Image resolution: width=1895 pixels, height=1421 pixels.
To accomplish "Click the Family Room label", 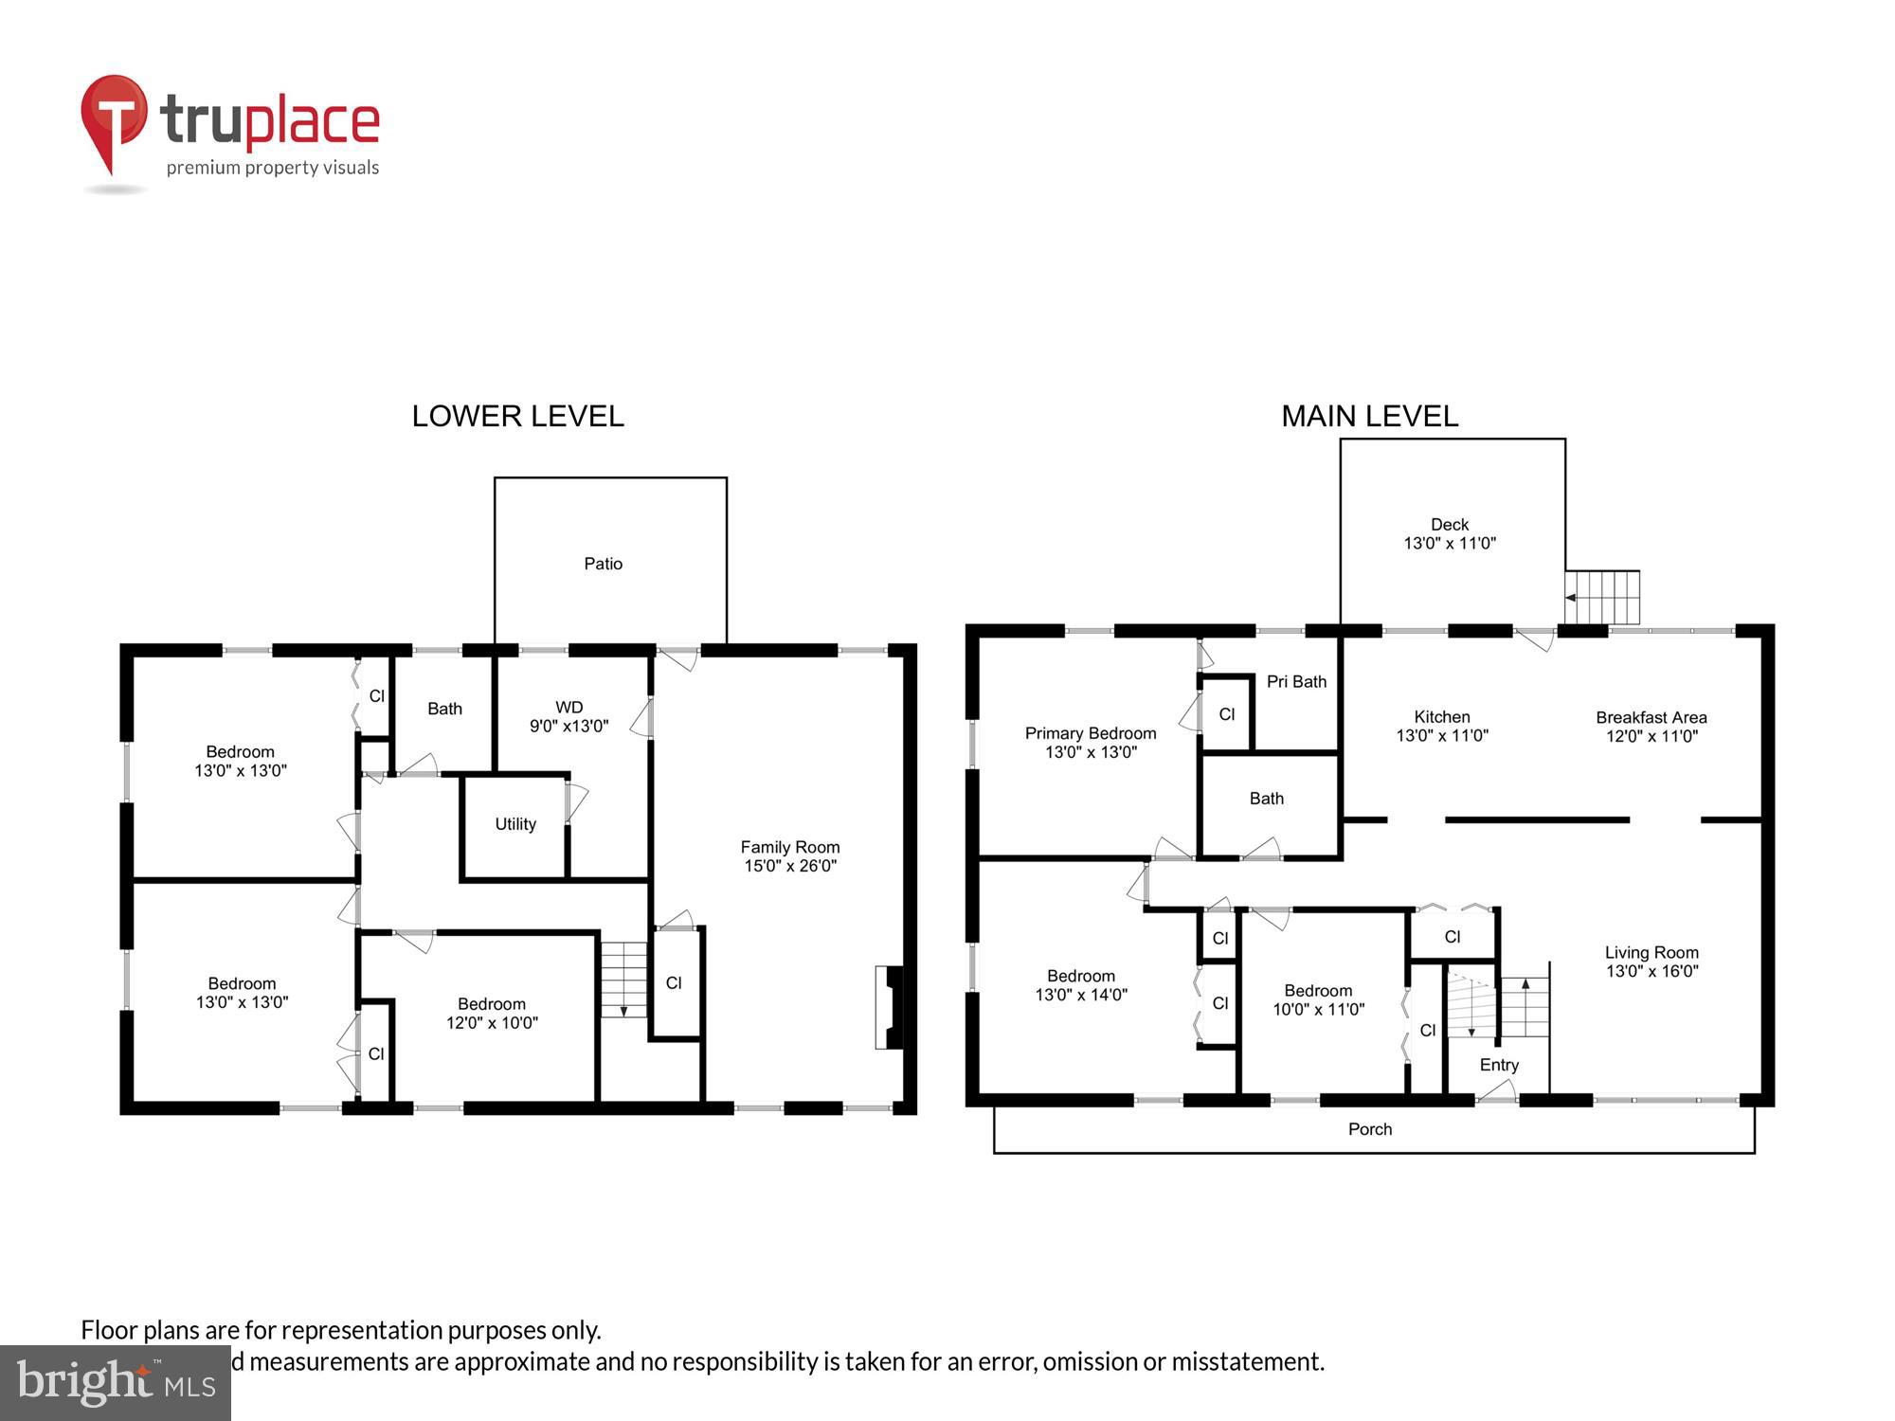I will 789,847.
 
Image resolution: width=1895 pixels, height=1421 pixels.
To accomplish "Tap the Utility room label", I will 515,824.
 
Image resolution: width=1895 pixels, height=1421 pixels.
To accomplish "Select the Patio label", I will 603,564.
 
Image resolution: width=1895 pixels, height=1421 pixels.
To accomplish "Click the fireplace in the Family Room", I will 889,1007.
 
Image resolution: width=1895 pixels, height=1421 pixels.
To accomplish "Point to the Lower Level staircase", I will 623,980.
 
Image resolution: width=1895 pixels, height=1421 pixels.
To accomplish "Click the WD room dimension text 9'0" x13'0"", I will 568,727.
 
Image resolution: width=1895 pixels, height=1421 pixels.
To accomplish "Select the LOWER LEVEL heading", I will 517,416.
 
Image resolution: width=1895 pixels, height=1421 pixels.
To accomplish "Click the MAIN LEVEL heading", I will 1369,416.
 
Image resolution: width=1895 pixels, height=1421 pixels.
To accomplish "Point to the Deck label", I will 1449,524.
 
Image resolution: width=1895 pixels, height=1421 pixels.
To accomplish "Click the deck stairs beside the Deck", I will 1602,597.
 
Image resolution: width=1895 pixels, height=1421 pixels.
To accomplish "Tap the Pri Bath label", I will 1296,681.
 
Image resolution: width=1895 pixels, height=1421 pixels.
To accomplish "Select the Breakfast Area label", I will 1651,717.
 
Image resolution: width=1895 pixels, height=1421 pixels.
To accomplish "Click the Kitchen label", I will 1441,717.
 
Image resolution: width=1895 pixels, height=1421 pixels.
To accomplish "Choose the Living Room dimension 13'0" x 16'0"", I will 1651,971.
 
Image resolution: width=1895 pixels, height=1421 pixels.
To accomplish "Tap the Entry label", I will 1499,1065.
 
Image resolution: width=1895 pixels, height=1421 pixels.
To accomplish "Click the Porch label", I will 1370,1129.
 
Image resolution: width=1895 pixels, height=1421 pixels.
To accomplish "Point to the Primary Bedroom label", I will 1091,733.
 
